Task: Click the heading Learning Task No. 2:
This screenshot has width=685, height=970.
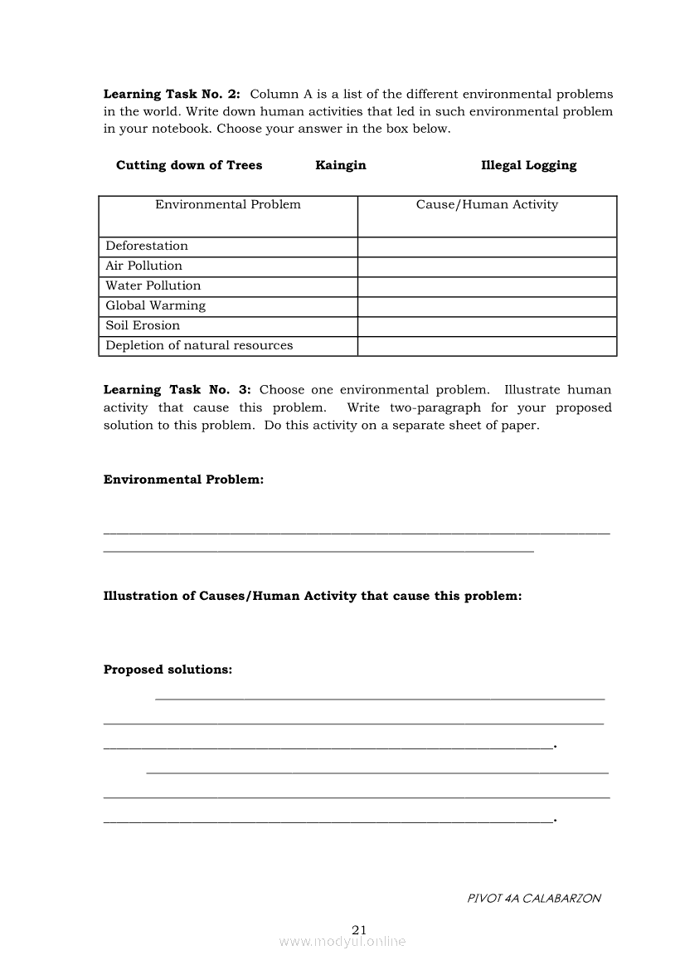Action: pos(172,95)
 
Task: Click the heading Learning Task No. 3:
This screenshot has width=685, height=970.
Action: pos(177,390)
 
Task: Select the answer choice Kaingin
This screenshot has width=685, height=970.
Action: pos(340,165)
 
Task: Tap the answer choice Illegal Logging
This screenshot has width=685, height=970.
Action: pos(528,165)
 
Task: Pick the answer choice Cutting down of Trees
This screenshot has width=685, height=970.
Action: pos(189,165)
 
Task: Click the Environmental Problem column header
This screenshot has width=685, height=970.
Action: pos(228,205)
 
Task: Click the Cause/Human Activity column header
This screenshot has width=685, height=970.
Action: pos(487,205)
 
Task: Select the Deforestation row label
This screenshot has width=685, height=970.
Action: pos(147,246)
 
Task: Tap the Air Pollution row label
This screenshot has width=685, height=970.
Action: pos(143,266)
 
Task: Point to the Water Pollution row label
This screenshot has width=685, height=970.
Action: pos(153,285)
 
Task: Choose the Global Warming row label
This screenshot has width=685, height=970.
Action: pos(155,305)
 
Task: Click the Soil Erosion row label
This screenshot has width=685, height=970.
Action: pos(143,325)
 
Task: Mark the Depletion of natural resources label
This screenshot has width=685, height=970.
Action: pos(199,345)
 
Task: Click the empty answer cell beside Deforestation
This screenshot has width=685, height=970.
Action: pos(487,246)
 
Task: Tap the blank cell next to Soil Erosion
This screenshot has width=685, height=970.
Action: pos(487,326)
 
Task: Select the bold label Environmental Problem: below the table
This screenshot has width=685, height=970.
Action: pos(183,480)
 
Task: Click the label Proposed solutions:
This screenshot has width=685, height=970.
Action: pos(168,670)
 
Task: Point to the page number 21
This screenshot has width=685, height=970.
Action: pos(359,929)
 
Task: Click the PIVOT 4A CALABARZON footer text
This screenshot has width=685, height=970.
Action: pos(534,898)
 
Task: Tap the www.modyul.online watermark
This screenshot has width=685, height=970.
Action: pos(342,942)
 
